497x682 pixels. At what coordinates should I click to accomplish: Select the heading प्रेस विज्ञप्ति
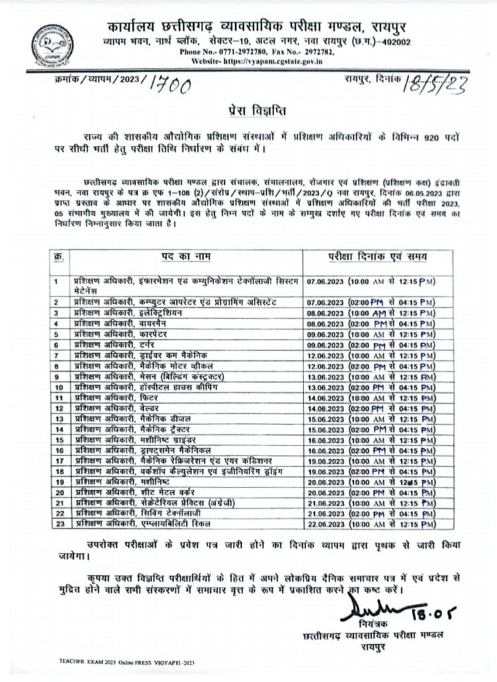[x=248, y=109]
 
